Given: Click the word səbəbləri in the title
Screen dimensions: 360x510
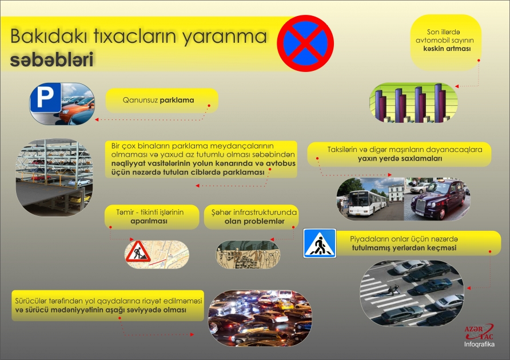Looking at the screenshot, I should (x=51, y=60).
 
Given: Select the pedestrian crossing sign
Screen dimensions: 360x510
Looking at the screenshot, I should (x=320, y=243).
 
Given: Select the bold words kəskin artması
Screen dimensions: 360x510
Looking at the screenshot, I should (x=443, y=50).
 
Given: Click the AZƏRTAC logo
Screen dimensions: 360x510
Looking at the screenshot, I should (x=479, y=333).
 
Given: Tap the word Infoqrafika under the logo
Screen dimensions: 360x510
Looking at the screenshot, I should (x=479, y=346).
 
